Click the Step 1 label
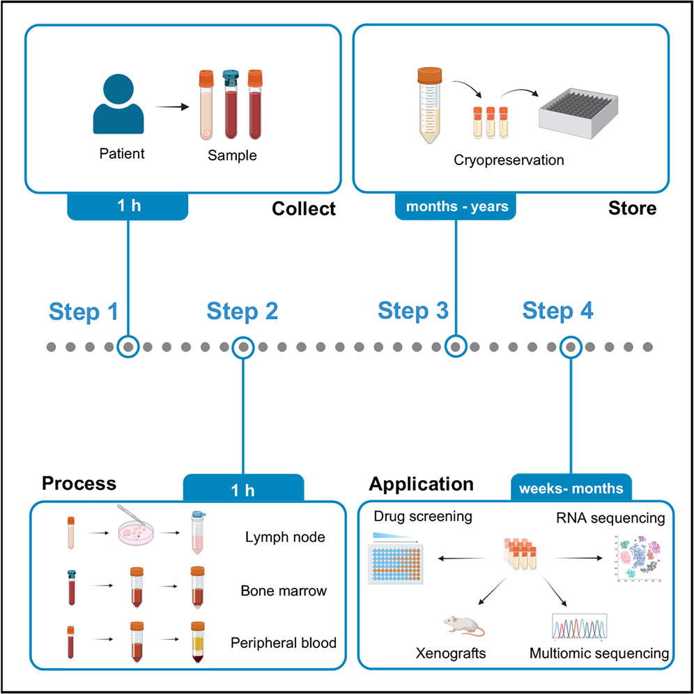coord(84,312)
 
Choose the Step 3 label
coord(413,311)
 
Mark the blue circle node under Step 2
coord(242,346)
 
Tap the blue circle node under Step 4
coord(571,346)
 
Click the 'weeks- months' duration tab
coord(571,488)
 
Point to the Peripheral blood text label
coord(284,642)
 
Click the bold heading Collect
coord(303,209)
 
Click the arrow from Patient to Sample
coord(173,107)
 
